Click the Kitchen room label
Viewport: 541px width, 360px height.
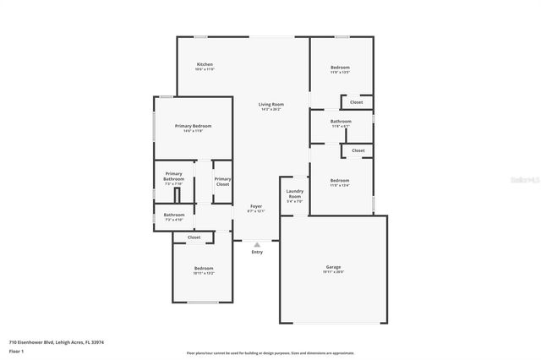pos(205,64)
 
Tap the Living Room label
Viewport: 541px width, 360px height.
pos(270,104)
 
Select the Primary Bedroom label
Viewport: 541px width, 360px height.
pos(193,126)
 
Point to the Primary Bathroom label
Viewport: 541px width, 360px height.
pos(174,176)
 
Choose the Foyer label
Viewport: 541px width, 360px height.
pos(255,206)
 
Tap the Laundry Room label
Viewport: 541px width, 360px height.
pos(294,194)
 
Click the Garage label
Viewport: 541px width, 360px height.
pos(333,267)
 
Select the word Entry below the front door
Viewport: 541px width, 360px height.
pos(257,252)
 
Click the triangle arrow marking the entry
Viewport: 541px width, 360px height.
pos(257,244)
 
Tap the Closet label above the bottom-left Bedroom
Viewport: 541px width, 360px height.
pos(194,237)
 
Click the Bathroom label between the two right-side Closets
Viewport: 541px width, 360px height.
pos(341,121)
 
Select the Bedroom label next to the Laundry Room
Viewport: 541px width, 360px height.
pos(339,180)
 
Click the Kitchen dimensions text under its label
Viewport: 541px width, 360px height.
pos(205,70)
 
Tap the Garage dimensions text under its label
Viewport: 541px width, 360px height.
pos(333,272)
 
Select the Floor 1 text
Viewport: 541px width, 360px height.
pos(16,350)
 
